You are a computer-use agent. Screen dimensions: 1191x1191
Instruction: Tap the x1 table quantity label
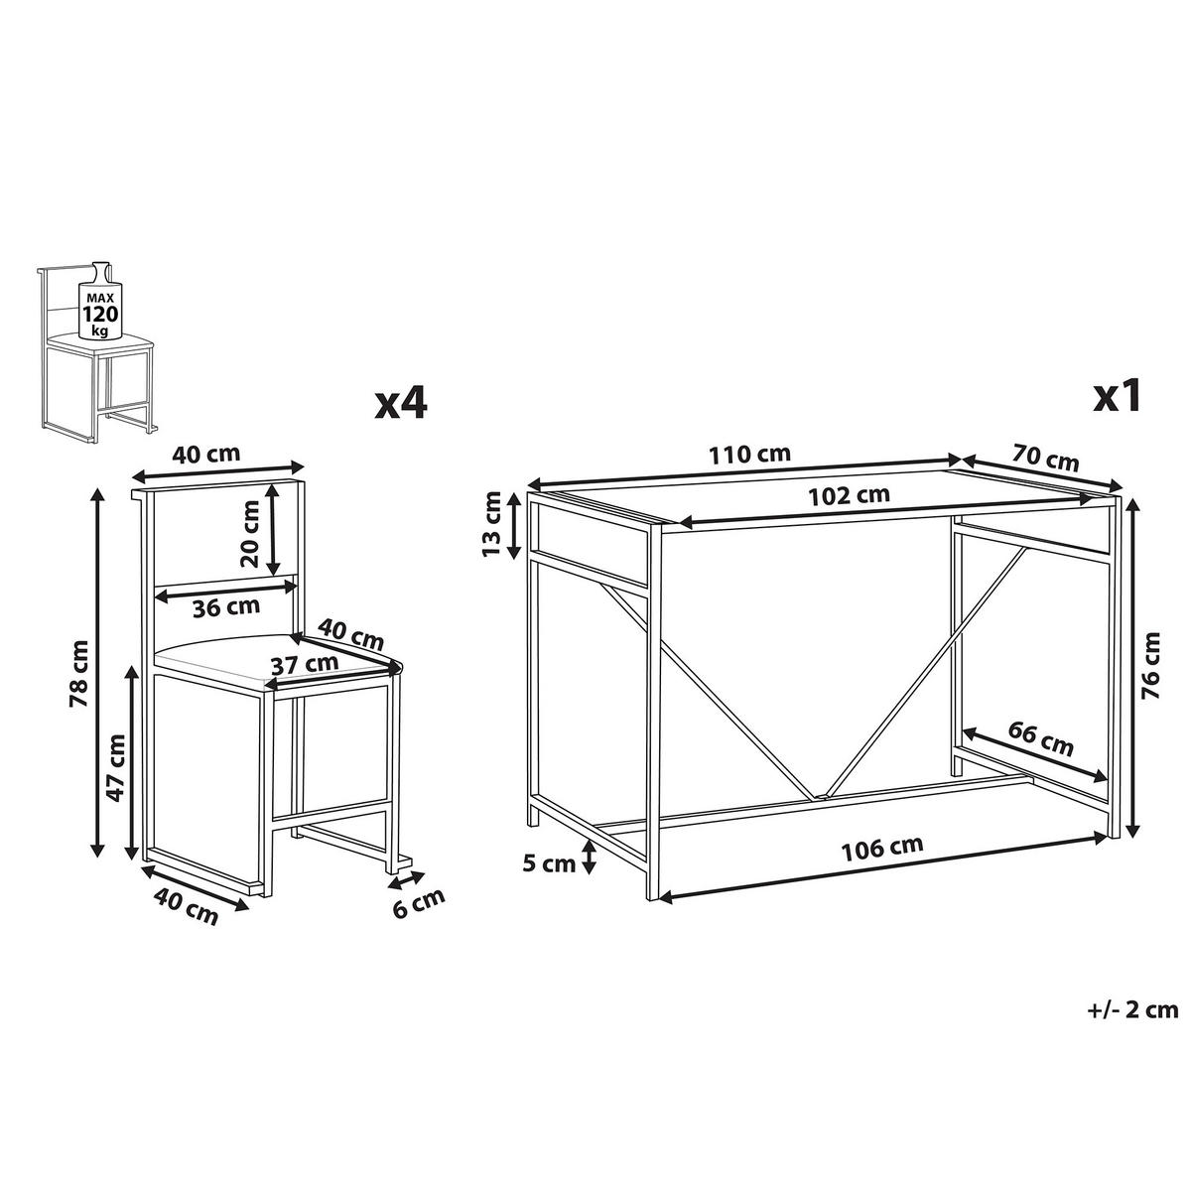coord(1117,398)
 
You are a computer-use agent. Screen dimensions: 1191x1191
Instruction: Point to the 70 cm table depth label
coord(1045,459)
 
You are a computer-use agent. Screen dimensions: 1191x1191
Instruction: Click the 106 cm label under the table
coord(881,846)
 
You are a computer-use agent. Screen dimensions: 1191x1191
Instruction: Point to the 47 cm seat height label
coord(115,767)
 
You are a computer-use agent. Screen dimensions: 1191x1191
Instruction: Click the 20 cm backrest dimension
coord(249,533)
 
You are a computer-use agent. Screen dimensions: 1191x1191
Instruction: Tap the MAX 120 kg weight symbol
coord(100,297)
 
